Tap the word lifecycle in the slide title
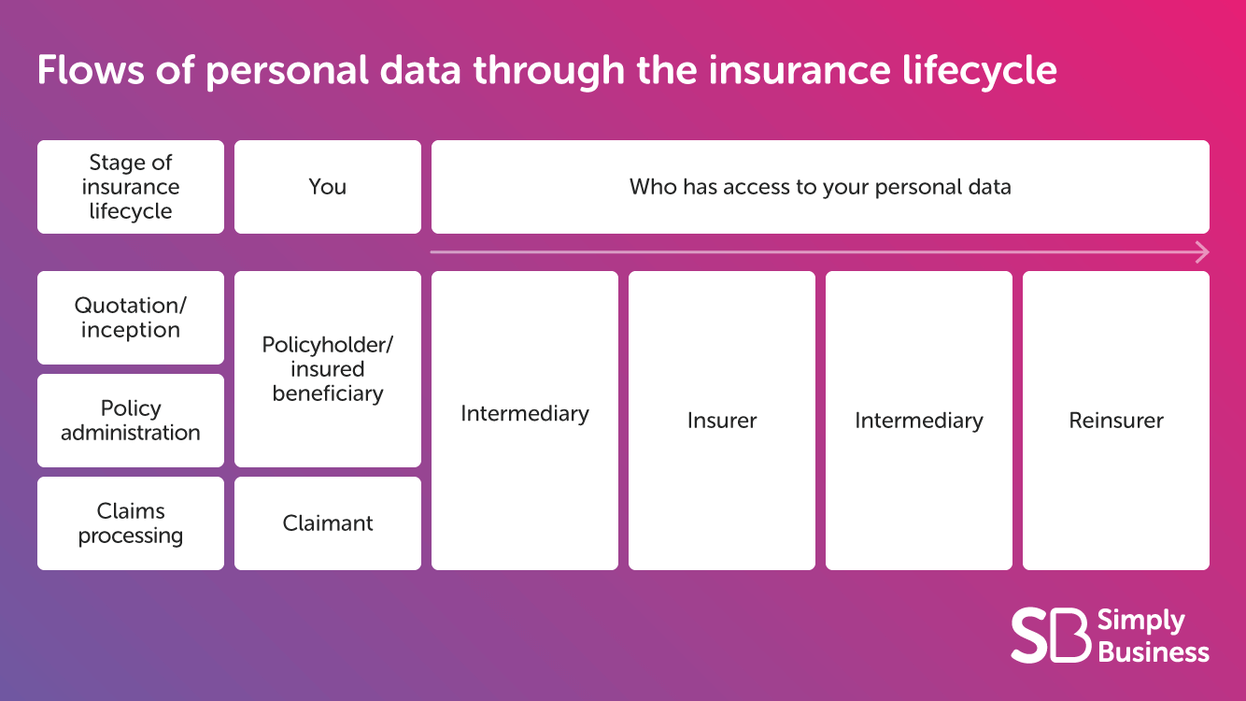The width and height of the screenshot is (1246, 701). (979, 71)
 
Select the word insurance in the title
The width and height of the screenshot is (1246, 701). (800, 70)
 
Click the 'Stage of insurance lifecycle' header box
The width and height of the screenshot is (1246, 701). (131, 187)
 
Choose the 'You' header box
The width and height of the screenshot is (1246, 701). (328, 187)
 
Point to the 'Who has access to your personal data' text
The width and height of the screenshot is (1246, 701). (820, 187)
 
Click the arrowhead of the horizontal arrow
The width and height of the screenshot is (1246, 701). (1203, 252)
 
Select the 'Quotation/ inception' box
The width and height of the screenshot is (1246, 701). (131, 318)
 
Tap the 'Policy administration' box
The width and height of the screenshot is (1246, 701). (131, 421)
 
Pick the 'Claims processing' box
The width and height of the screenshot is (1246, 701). (131, 523)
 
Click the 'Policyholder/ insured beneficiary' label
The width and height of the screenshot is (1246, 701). (328, 368)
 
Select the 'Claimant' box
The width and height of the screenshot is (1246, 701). (328, 523)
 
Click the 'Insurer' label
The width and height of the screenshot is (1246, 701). (721, 421)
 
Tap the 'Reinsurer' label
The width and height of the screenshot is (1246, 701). (1116, 421)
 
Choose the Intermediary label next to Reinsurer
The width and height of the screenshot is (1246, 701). (919, 421)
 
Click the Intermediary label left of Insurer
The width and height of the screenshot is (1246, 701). (525, 414)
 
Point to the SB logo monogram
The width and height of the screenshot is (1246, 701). (1050, 636)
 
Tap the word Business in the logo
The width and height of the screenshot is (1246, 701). (1154, 652)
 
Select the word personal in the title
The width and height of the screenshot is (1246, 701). (287, 71)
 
